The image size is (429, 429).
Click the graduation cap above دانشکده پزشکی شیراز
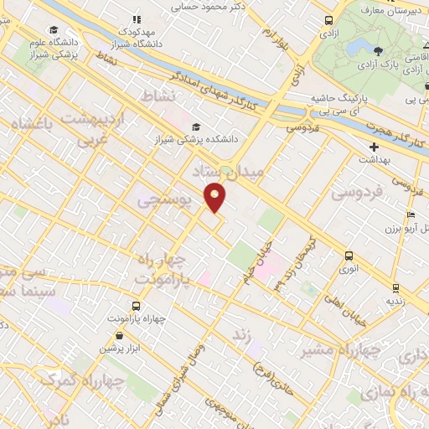[x=195, y=127]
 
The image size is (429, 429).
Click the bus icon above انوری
[x=349, y=256]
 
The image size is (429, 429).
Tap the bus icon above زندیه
[x=393, y=287]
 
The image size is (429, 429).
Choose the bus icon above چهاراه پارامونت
[x=136, y=307]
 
